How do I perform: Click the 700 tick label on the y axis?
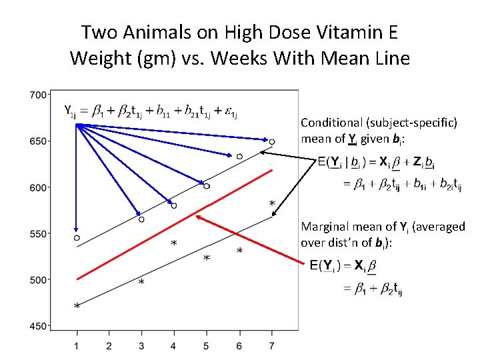(x=38, y=95)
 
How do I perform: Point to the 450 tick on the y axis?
(x=38, y=326)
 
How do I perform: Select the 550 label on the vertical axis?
(x=38, y=233)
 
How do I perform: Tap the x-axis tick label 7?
(x=271, y=345)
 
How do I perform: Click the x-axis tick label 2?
(x=109, y=345)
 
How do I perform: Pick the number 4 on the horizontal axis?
(x=173, y=345)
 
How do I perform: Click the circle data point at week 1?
(x=77, y=238)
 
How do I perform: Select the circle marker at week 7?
(x=272, y=141)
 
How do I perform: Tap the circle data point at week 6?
(x=239, y=156)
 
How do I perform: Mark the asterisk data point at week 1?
(x=77, y=306)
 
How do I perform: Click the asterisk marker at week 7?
(x=271, y=203)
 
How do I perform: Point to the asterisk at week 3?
(x=141, y=283)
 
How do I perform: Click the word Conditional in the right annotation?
(x=332, y=123)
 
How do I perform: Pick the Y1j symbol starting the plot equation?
(x=69, y=110)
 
